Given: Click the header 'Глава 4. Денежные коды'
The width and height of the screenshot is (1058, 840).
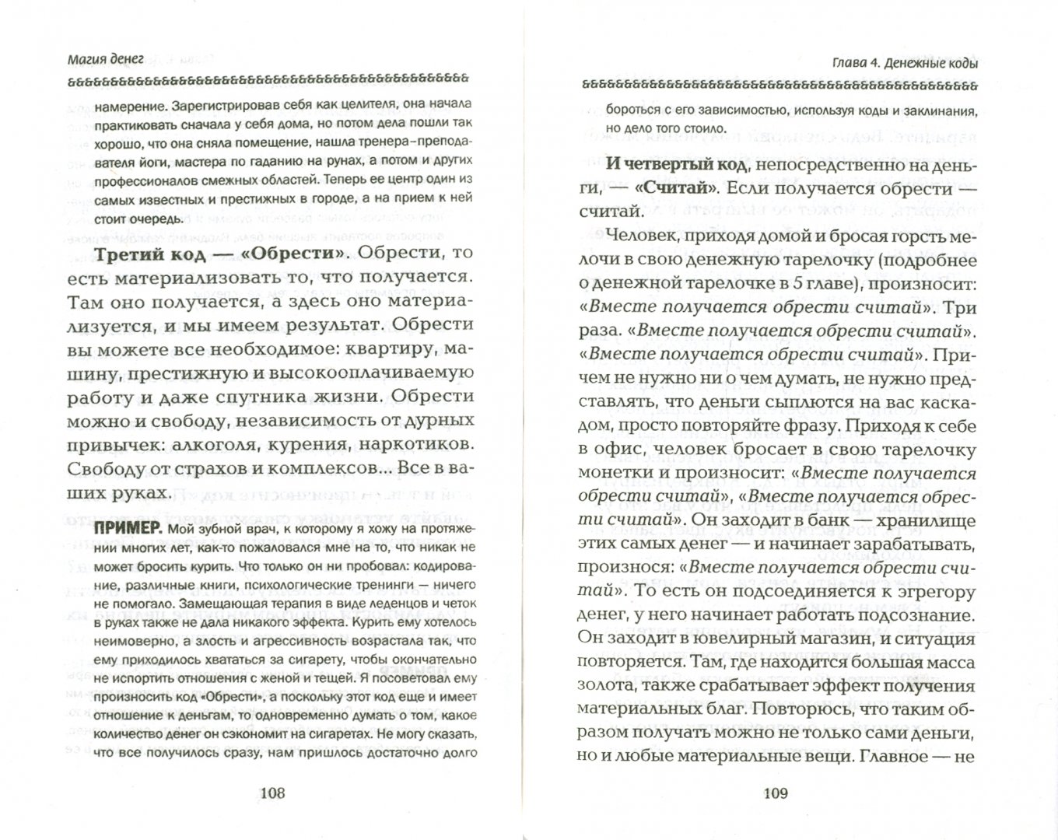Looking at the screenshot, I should click(902, 64).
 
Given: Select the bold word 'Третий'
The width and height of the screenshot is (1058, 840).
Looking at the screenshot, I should click(130, 254).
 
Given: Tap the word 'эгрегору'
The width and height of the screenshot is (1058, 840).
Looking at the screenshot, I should click(932, 592).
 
